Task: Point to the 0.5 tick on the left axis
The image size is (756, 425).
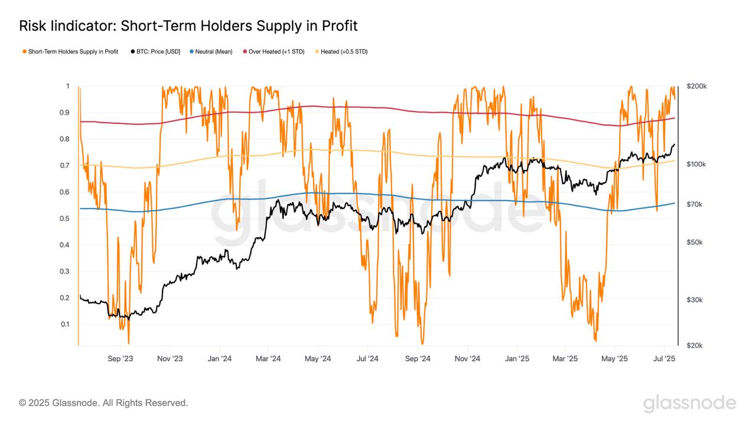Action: point(65,218)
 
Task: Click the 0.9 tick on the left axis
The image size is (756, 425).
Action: point(65,113)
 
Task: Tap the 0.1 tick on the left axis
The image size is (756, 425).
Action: point(65,324)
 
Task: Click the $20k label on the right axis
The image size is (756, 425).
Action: point(696,345)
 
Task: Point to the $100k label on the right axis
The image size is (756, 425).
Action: point(698,164)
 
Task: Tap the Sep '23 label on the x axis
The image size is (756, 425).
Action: point(122,358)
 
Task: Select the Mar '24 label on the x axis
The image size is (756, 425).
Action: point(269,358)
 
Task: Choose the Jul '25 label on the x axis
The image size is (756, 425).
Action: point(665,358)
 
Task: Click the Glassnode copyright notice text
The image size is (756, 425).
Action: point(103,403)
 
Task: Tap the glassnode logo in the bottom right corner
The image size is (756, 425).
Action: point(689,404)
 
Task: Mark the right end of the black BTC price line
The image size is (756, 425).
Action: point(674,144)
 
